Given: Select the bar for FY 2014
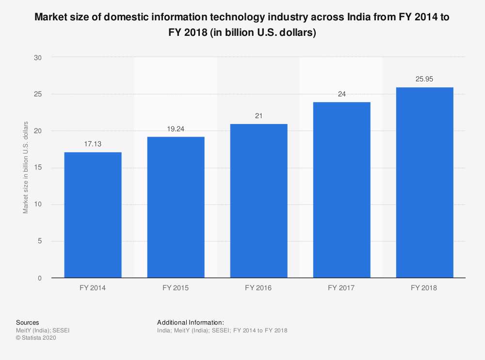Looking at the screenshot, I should (x=93, y=215).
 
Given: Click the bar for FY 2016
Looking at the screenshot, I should (x=259, y=201).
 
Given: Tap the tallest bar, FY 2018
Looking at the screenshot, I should (x=424, y=183).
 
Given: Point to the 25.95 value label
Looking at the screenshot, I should (x=424, y=79).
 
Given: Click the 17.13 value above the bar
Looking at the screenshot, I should (x=93, y=144).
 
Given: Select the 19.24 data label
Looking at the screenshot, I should (x=176, y=128).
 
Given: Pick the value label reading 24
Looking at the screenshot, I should (x=341, y=94).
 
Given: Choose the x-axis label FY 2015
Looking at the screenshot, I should (x=176, y=288).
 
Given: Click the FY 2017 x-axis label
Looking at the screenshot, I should (x=341, y=288).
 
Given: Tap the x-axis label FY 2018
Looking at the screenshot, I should (x=424, y=288).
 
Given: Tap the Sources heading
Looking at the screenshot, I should (x=28, y=322).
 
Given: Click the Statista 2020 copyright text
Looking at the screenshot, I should (x=36, y=338).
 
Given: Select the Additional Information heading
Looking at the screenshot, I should (x=191, y=322).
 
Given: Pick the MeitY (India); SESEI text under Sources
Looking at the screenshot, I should (x=43, y=330).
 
